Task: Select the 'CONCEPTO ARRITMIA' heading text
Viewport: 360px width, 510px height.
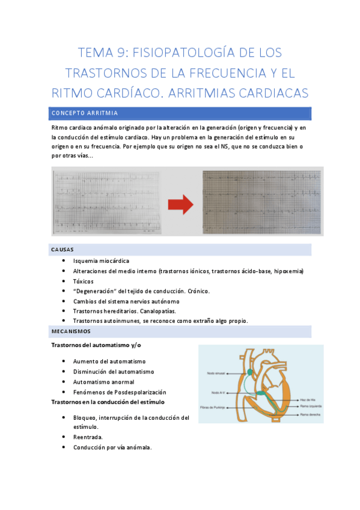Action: click(84, 113)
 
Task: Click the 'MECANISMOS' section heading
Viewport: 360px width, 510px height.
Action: click(70, 331)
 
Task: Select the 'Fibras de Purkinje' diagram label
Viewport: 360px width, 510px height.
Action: click(222, 407)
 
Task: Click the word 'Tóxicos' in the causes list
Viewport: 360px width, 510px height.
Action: click(84, 281)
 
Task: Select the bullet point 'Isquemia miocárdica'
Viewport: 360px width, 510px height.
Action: click(101, 261)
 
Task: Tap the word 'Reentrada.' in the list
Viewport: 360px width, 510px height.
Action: click(88, 437)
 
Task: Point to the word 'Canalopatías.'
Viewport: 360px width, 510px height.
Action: click(157, 311)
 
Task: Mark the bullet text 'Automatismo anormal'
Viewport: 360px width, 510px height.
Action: click(103, 382)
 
